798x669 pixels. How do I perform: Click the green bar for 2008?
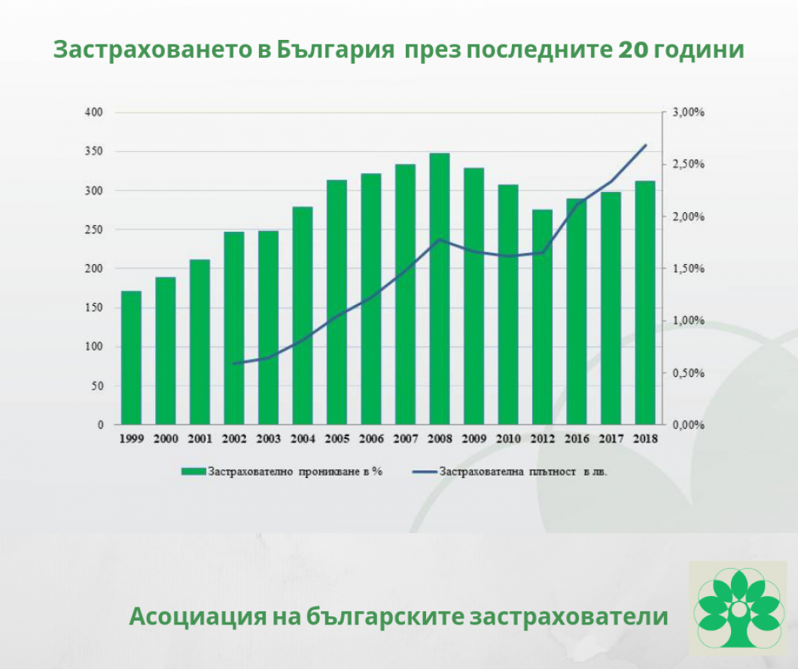coord(440,289)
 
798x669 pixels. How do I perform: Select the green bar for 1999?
coord(131,357)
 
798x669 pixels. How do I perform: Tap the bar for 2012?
coord(542,317)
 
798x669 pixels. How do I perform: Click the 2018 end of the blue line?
coord(645,144)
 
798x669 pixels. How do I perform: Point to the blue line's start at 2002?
coord(234,363)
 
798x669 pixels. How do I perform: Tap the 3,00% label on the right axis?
coord(687,112)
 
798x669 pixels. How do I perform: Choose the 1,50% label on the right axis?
coord(687,269)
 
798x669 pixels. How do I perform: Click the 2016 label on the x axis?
coord(577,439)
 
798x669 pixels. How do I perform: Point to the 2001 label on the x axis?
coord(200,439)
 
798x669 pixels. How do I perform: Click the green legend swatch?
coord(193,472)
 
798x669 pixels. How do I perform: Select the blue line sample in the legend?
coord(424,472)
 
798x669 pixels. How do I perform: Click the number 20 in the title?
coord(632,51)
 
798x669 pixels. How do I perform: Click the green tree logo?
coord(739,604)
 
